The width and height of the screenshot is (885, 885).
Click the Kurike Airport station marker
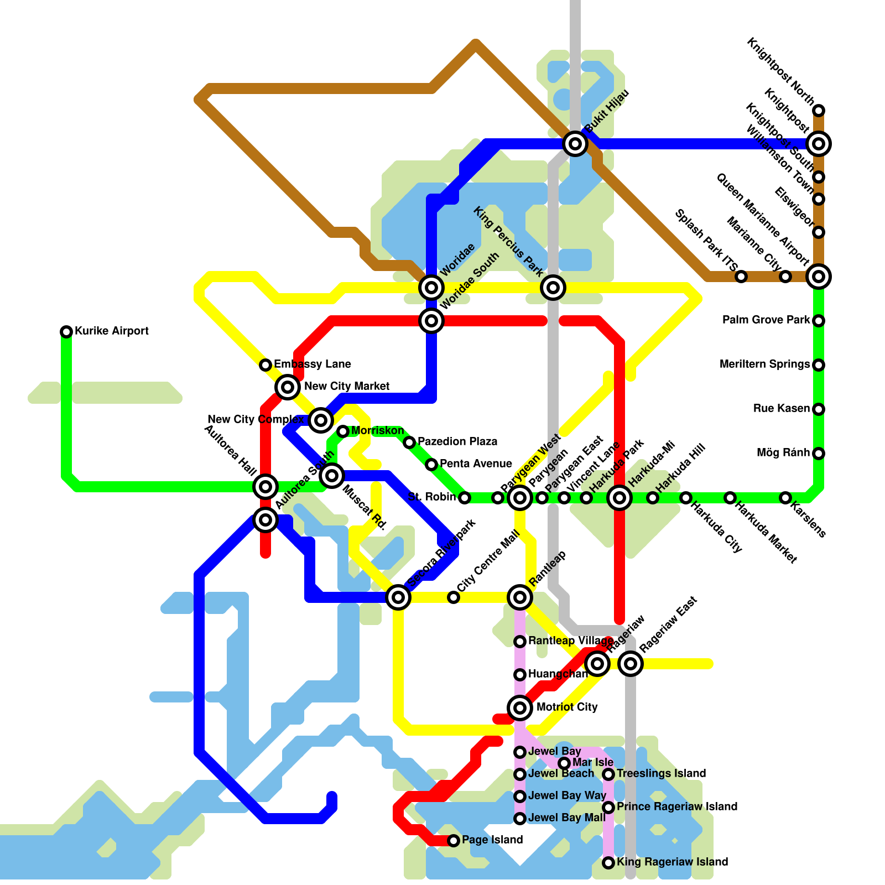[66, 332]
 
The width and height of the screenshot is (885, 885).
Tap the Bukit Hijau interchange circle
[575, 144]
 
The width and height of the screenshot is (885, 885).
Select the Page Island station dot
[454, 841]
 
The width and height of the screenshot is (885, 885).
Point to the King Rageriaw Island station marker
[608, 863]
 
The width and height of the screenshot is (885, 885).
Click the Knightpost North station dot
[819, 111]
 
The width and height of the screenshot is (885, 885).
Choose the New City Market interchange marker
[288, 387]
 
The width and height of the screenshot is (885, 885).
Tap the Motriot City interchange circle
[520, 707]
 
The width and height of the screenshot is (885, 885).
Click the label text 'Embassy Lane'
[312, 364]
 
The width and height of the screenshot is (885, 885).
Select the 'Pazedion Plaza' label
[457, 441]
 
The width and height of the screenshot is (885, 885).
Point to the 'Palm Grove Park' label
[766, 320]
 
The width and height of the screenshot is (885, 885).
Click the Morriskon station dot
[343, 431]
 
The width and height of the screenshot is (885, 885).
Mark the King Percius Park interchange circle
[553, 288]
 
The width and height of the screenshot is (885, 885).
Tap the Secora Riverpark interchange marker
[398, 597]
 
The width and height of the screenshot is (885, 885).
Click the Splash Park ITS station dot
[741, 277]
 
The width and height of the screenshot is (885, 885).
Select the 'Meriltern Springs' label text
[764, 364]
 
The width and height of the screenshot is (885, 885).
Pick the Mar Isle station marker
[564, 763]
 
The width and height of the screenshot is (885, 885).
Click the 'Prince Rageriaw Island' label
[676, 806]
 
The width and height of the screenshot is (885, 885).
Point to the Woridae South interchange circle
[431, 321]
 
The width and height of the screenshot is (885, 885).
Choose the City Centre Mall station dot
[454, 597]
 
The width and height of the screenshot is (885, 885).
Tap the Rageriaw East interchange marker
[631, 663]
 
